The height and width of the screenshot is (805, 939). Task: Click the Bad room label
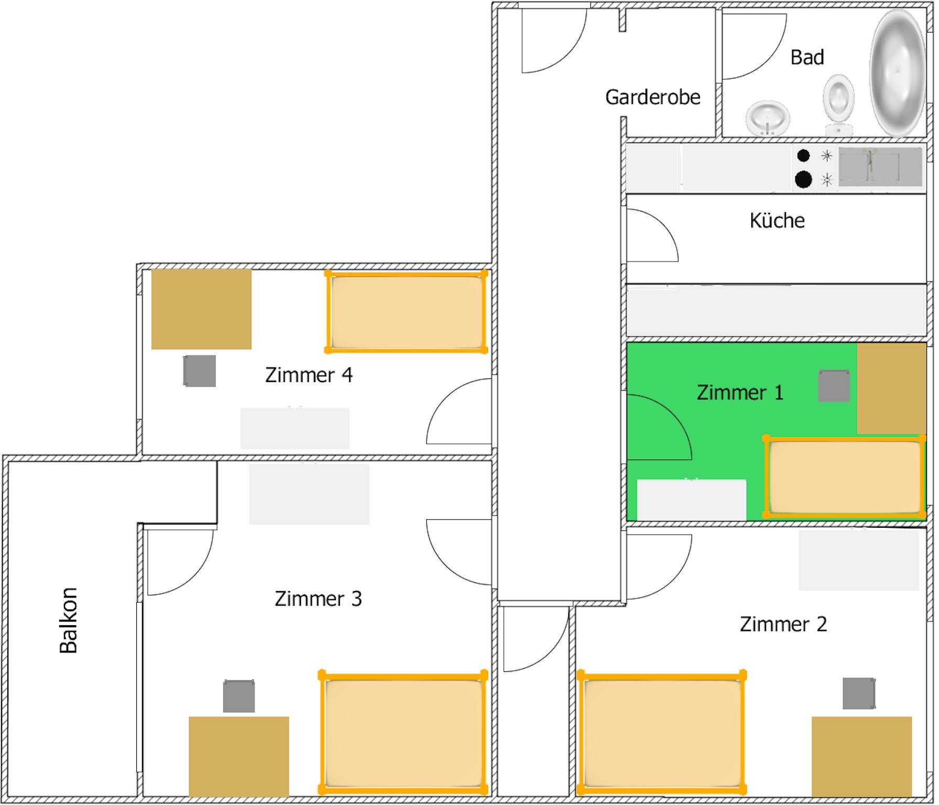(x=807, y=57)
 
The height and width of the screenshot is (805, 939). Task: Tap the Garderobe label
(x=653, y=97)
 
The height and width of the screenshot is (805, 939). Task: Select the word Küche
(x=777, y=220)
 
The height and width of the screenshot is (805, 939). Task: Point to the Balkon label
(x=69, y=621)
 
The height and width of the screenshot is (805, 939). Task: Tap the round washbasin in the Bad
(x=768, y=118)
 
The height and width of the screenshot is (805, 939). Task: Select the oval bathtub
(x=898, y=73)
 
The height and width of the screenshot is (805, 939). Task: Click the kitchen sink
(x=880, y=167)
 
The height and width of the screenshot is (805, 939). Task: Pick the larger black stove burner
(x=804, y=179)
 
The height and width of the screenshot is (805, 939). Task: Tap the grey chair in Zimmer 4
(x=199, y=371)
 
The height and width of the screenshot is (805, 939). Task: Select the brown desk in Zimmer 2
(x=861, y=756)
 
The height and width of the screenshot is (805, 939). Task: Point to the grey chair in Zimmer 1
(x=834, y=386)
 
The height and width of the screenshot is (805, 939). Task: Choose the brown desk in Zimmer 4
(x=201, y=309)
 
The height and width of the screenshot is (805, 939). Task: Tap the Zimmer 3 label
(x=318, y=599)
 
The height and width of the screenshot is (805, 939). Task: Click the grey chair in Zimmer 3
(x=239, y=696)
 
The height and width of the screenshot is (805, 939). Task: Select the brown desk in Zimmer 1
(x=891, y=388)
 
